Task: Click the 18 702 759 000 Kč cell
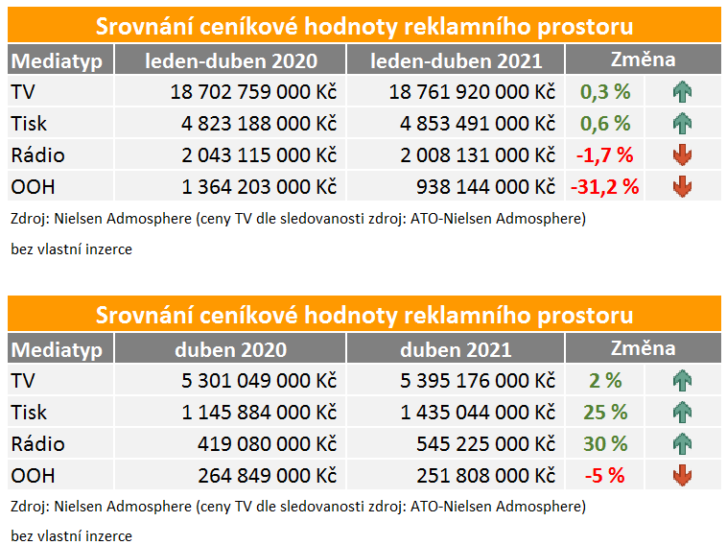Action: coord(253,92)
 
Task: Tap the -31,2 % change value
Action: coord(604,186)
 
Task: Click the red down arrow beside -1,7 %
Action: coord(683,155)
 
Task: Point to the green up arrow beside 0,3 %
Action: coord(683,93)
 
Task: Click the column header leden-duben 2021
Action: coord(457,60)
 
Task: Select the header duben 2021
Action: coord(457,350)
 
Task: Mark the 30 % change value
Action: coord(605,444)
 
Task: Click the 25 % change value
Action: coord(605,413)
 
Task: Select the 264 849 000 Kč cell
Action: coord(267,475)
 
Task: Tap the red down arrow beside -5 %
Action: coord(683,475)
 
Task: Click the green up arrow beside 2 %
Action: coord(683,382)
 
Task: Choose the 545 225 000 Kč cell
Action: coord(486,444)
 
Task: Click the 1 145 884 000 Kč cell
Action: coord(259,413)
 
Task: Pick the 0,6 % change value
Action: coord(605,124)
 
